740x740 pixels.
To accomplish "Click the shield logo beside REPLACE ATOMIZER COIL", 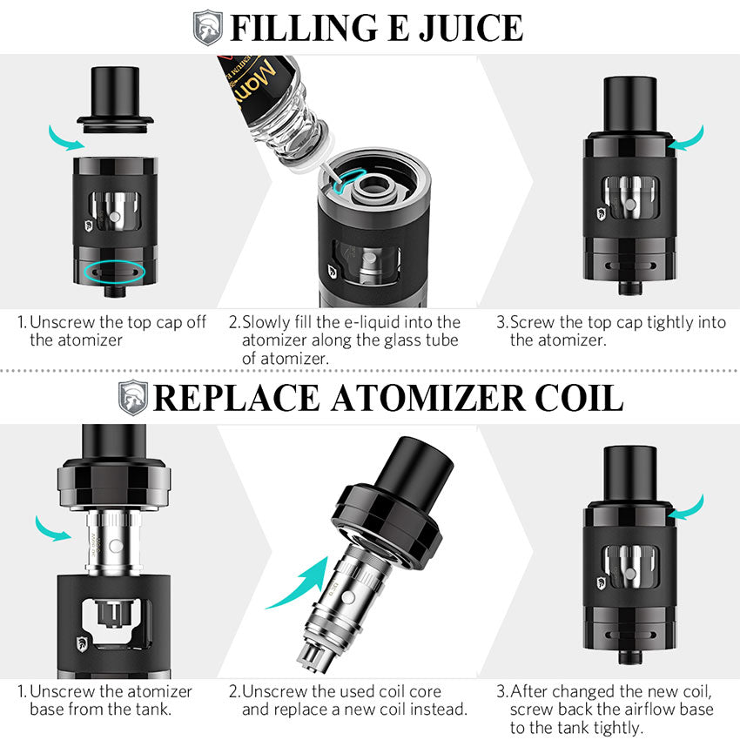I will pos(134,397).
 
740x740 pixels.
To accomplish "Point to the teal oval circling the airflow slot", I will pos(109,272).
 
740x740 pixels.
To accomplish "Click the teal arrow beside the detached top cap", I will pos(64,136).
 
